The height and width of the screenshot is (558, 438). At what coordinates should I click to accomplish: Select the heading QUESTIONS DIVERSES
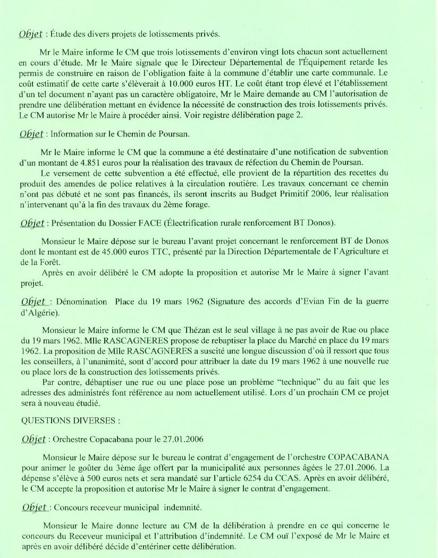71,420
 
